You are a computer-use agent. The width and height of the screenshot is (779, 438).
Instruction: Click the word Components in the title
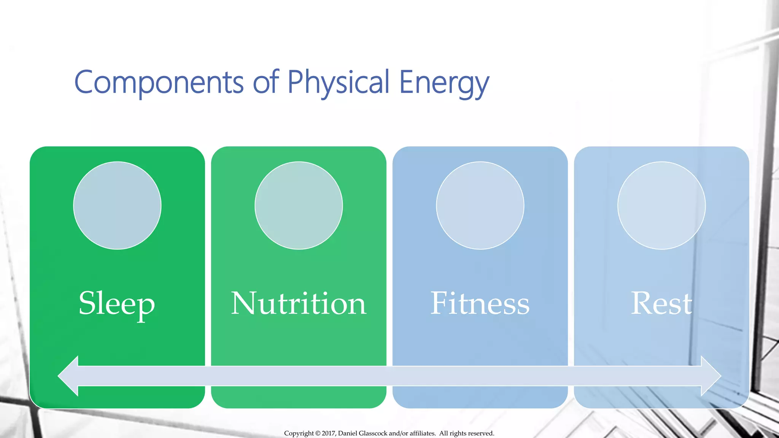pyautogui.click(x=159, y=82)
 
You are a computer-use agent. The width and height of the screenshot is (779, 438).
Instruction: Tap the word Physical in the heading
pyautogui.click(x=338, y=82)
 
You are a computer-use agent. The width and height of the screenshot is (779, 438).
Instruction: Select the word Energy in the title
pyautogui.click(x=444, y=82)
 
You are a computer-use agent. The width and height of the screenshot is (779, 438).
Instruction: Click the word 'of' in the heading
pyautogui.click(x=266, y=82)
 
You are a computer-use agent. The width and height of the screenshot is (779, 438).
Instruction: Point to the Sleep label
pyautogui.click(x=117, y=304)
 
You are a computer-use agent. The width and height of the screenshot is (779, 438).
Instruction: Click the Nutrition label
pyautogui.click(x=299, y=304)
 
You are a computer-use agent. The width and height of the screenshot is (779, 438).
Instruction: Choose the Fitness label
pyautogui.click(x=480, y=304)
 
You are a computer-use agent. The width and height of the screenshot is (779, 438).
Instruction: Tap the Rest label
pyautogui.click(x=661, y=304)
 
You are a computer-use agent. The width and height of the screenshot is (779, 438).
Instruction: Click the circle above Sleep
pyautogui.click(x=117, y=206)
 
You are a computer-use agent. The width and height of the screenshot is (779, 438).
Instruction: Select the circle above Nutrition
pyautogui.click(x=299, y=206)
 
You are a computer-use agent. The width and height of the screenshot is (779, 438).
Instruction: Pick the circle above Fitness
pyautogui.click(x=480, y=206)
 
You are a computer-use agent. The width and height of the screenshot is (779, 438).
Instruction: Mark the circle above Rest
pyautogui.click(x=661, y=206)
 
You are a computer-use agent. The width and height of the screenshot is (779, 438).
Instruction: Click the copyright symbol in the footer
pyautogui.click(x=318, y=433)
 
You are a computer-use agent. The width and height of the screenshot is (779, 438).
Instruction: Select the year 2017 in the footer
pyautogui.click(x=329, y=433)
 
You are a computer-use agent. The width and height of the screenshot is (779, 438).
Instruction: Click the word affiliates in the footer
pyautogui.click(x=422, y=433)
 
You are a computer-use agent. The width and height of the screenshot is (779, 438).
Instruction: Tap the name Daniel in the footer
pyautogui.click(x=348, y=433)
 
